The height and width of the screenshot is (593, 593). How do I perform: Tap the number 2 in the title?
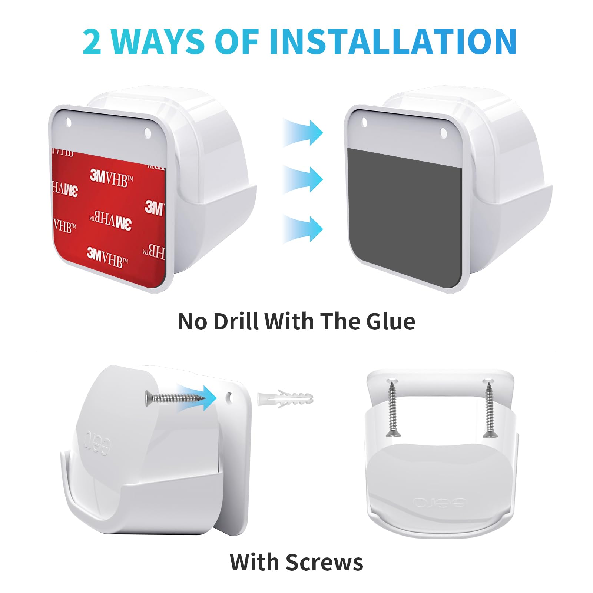[92, 42]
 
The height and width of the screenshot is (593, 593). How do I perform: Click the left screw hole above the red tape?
[68, 122]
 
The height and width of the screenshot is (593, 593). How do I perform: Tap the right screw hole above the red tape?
[148, 133]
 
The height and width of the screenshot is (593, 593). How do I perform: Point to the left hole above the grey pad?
[364, 122]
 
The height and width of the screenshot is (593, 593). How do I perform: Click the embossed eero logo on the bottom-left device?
[97, 443]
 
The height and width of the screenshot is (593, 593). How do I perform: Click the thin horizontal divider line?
[296, 352]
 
